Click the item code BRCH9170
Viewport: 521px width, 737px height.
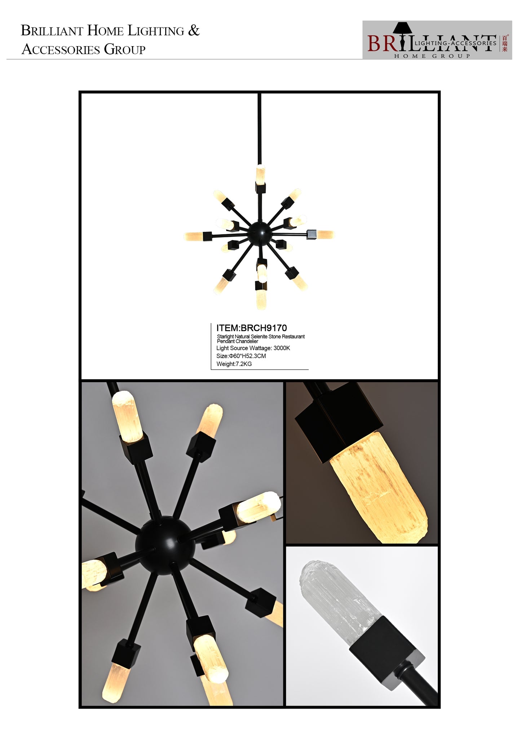[264, 328]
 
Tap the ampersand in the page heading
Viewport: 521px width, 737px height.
[194, 30]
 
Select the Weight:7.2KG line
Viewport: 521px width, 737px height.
[234, 364]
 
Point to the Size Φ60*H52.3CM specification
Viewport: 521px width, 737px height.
[241, 356]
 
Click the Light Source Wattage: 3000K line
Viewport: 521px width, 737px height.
[253, 348]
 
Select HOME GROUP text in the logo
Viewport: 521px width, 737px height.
[432, 56]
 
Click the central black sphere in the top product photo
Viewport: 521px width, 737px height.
[259, 233]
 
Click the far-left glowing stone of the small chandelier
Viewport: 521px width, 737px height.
[194, 237]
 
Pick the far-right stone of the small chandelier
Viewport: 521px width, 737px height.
[325, 235]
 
